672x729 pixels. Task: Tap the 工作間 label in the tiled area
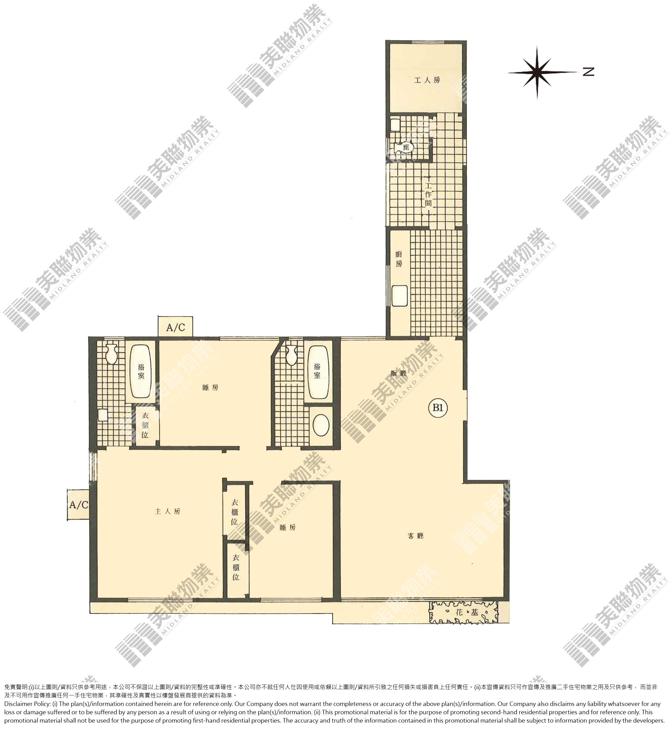point(428,194)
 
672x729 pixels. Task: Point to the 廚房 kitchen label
point(399,259)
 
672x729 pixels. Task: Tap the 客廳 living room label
point(416,536)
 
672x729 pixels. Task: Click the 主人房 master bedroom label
point(167,512)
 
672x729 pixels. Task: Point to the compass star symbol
point(537,72)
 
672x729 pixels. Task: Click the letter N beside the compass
point(588,71)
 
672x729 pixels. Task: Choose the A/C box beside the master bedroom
point(78,505)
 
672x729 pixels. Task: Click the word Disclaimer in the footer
point(18,704)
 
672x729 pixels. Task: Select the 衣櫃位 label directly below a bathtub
point(145,425)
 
